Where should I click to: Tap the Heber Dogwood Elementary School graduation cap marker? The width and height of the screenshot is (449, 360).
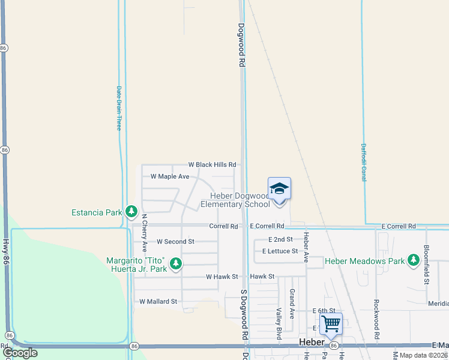click(x=279, y=189)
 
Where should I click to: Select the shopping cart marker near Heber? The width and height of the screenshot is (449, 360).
click(x=331, y=325)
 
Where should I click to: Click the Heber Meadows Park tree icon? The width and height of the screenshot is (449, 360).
click(x=413, y=260)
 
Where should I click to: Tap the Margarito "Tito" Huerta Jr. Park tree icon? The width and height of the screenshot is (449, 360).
click(x=175, y=263)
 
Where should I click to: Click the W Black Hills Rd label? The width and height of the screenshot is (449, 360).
click(x=212, y=164)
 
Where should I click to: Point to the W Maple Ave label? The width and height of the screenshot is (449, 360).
click(x=170, y=176)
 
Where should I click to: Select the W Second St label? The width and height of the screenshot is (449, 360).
click(x=175, y=241)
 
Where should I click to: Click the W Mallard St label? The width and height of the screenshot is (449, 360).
click(x=158, y=302)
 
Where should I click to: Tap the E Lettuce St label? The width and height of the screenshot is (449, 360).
click(x=280, y=251)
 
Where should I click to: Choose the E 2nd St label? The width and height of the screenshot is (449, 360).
click(x=280, y=239)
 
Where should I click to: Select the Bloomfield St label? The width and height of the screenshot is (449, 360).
click(x=426, y=264)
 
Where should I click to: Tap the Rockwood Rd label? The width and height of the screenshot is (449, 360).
click(x=376, y=320)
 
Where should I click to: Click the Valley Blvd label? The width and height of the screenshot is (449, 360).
click(x=279, y=324)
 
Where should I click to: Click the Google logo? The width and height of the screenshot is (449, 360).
click(x=20, y=353)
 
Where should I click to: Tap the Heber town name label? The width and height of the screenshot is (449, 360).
click(x=312, y=342)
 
